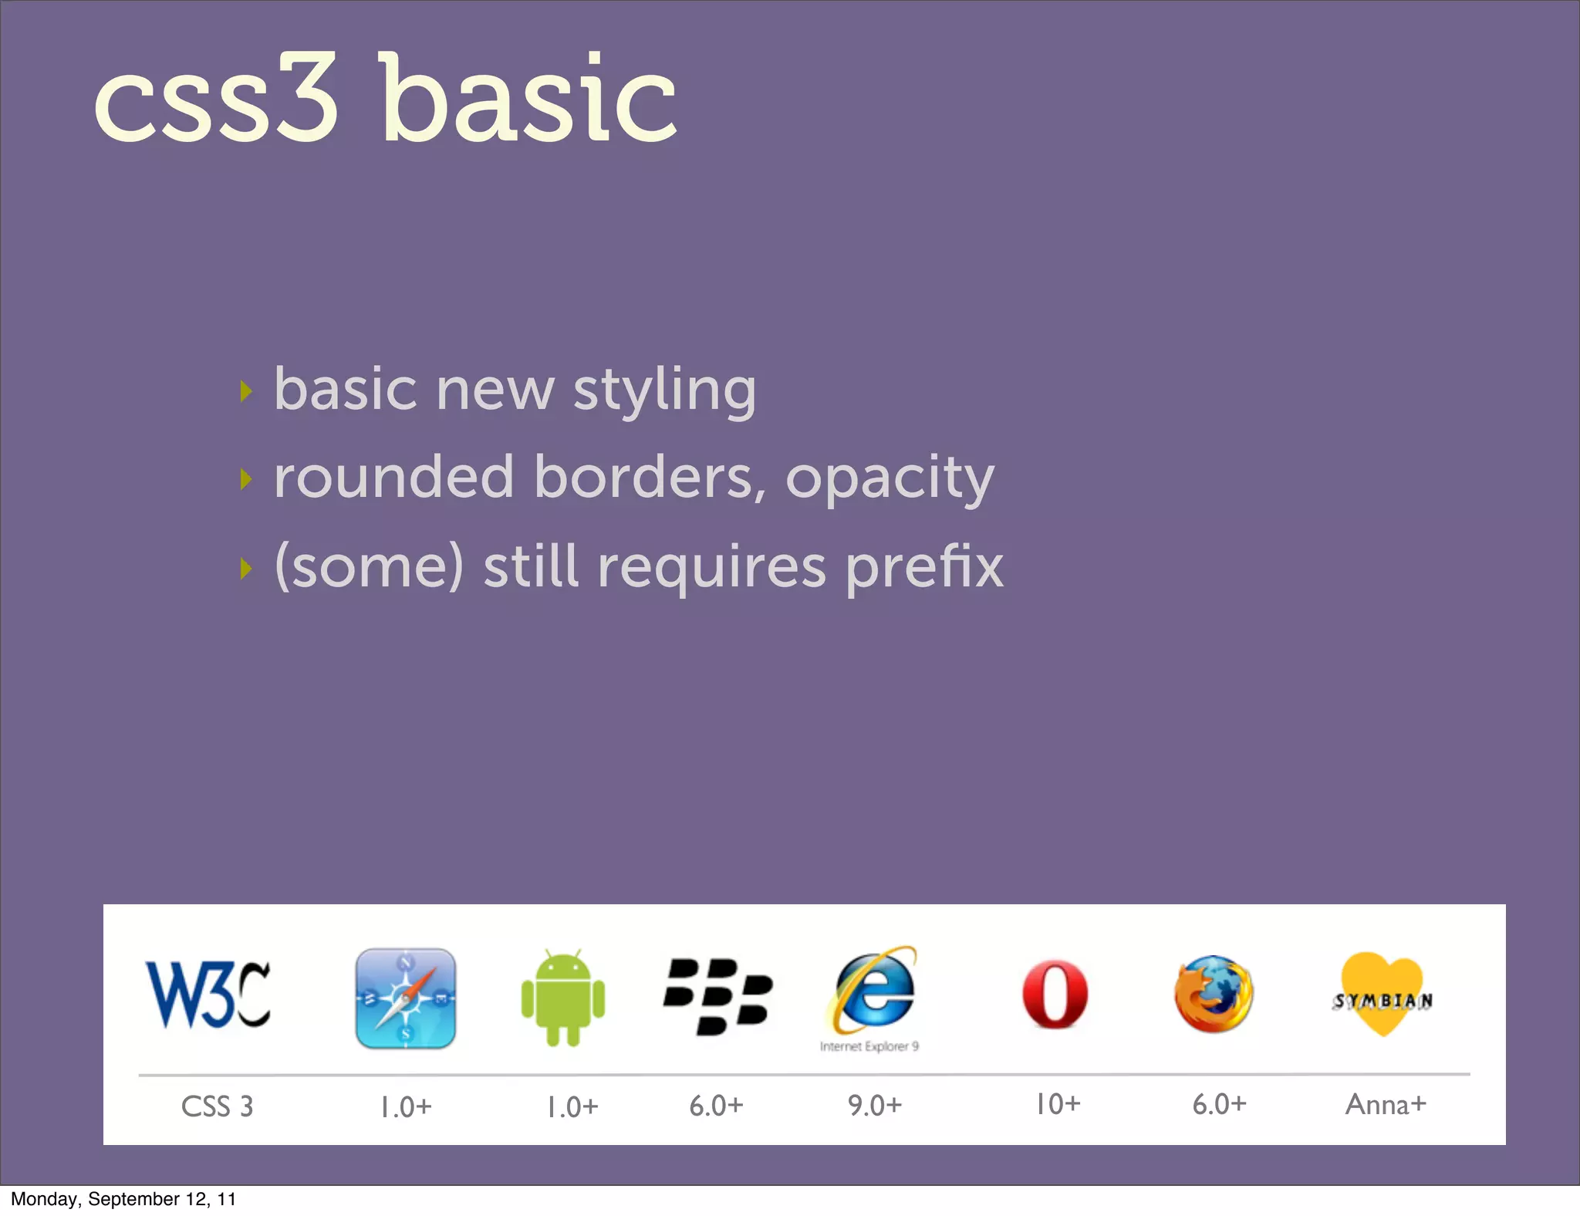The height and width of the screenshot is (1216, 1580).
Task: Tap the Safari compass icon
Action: [405, 998]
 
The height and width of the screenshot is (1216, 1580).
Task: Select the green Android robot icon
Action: [563, 998]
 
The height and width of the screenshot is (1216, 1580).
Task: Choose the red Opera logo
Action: [1055, 995]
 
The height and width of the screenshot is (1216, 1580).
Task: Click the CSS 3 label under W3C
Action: [217, 1106]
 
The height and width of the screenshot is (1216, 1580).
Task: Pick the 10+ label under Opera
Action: [1057, 1104]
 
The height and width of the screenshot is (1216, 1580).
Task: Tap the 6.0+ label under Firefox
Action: [1219, 1104]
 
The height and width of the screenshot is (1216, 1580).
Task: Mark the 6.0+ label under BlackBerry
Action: [716, 1106]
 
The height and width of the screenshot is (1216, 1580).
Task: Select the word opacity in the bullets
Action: [890, 478]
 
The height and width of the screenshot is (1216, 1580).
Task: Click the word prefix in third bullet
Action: [924, 567]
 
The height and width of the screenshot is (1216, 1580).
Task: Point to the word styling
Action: [664, 390]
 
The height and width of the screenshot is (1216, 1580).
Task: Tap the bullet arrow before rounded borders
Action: [246, 479]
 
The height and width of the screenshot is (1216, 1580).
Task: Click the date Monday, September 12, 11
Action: [123, 1199]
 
